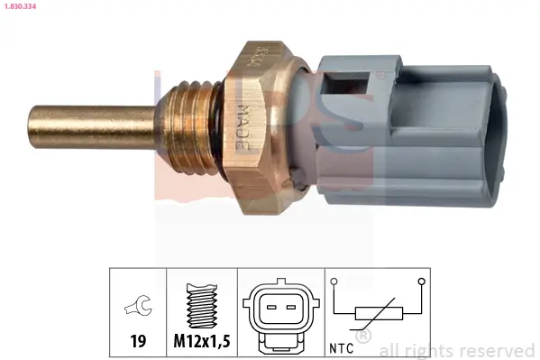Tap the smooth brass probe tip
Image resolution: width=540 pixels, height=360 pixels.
(86, 122)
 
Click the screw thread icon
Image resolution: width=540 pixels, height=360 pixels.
(202, 307)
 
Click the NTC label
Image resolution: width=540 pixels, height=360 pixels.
(341, 347)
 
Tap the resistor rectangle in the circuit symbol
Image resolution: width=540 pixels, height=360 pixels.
(377, 315)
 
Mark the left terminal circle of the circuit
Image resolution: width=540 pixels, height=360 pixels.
(334, 282)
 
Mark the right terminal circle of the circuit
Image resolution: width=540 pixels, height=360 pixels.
(420, 282)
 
